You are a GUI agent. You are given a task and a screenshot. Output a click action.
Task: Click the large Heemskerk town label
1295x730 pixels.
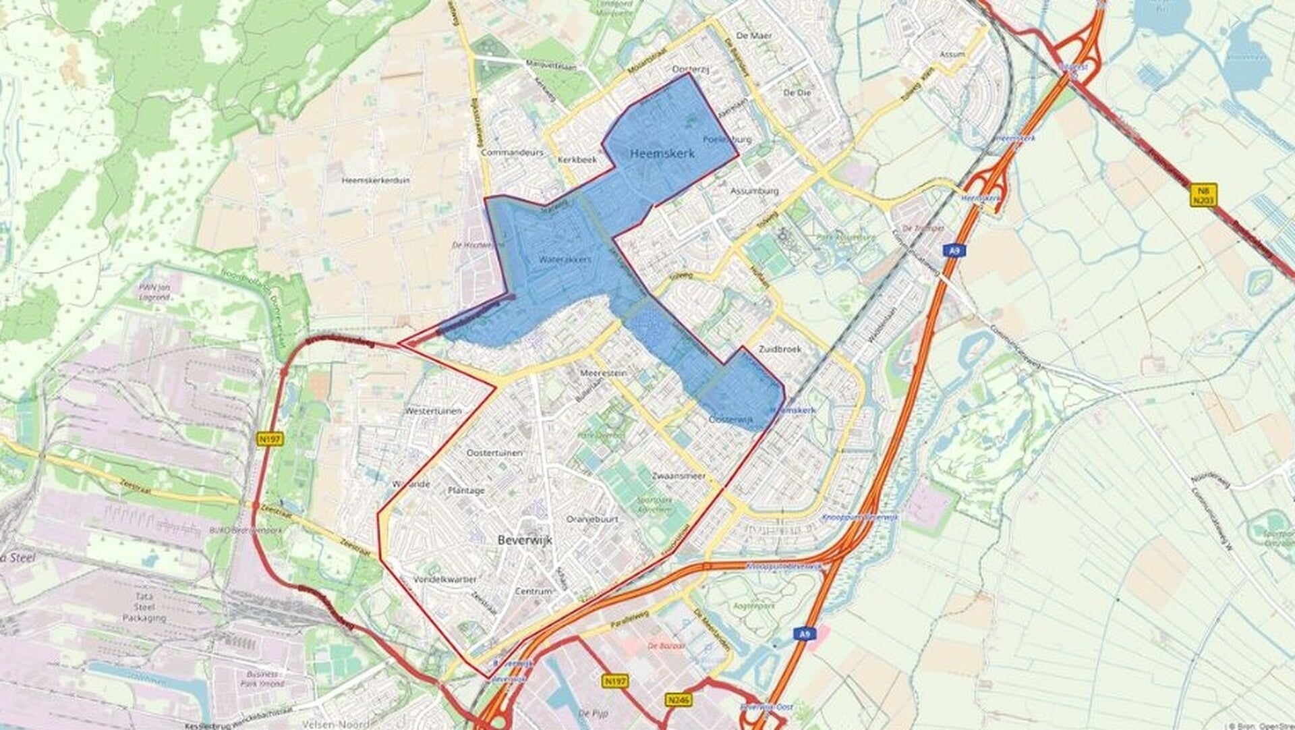[662, 154]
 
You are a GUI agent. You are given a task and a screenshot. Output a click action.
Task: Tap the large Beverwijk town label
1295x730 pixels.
[525, 540]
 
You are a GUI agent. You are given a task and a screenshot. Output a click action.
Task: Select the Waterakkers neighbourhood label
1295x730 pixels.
[565, 259]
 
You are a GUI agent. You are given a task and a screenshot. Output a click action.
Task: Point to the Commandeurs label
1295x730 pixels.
[512, 153]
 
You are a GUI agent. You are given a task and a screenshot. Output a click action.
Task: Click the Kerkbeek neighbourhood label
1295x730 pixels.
[577, 161]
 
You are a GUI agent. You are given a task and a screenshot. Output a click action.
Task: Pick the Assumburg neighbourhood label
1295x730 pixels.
[754, 191]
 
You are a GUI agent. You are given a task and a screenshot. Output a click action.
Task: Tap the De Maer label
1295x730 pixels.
[754, 35]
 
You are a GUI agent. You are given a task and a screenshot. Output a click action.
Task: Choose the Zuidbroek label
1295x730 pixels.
[780, 349]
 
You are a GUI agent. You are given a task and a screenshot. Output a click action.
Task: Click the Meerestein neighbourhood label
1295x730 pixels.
[604, 373]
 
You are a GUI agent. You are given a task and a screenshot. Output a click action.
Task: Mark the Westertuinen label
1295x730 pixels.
[433, 411]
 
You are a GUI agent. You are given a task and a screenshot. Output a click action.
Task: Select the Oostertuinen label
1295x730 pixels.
[494, 453]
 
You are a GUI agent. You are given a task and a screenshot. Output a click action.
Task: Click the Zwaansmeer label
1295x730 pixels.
[679, 476]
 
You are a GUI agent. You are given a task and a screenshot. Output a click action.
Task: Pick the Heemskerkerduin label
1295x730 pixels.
[373, 181]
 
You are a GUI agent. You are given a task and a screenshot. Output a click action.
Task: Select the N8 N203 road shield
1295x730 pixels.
[1203, 195]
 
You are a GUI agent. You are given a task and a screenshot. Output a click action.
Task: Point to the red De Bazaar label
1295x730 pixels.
[666, 646]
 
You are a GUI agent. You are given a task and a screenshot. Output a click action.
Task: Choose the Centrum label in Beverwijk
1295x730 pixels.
[534, 592]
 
